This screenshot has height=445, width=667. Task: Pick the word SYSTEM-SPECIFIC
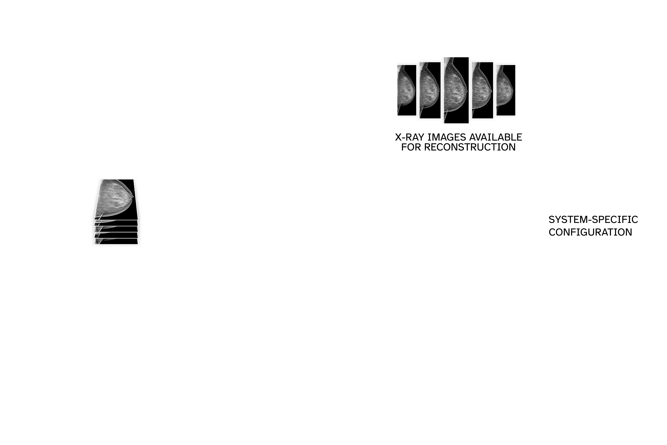pyautogui.click(x=593, y=219)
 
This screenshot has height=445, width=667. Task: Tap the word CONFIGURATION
pyautogui.click(x=590, y=232)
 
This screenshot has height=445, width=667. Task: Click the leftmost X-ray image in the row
pyautogui.click(x=407, y=90)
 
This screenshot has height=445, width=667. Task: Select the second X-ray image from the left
pyautogui.click(x=430, y=90)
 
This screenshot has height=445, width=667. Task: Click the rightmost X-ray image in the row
pyautogui.click(x=506, y=90)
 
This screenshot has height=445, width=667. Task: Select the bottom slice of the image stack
pyautogui.click(x=116, y=241)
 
